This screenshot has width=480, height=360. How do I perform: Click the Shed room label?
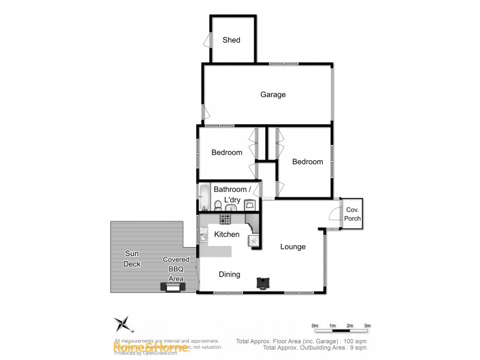point(231,40)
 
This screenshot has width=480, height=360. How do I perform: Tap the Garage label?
point(273,94)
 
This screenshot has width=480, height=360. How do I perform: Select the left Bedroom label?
point(227,152)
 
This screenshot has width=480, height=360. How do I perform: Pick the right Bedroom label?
point(307,161)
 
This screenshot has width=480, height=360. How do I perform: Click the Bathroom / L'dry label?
point(229,194)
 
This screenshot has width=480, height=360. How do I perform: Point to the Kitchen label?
point(227,235)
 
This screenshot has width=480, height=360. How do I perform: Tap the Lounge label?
point(293,247)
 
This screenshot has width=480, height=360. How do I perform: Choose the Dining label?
point(229,274)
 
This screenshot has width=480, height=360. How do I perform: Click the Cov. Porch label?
point(352,214)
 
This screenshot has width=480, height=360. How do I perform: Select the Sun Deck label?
point(131,259)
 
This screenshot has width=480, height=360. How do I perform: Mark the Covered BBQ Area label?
point(176,269)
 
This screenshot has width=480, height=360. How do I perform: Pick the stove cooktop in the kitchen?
point(226,218)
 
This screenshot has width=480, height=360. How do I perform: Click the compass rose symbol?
point(124,324)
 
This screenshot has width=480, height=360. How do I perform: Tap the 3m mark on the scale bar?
point(367,326)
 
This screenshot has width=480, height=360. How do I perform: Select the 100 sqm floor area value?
point(356,341)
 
